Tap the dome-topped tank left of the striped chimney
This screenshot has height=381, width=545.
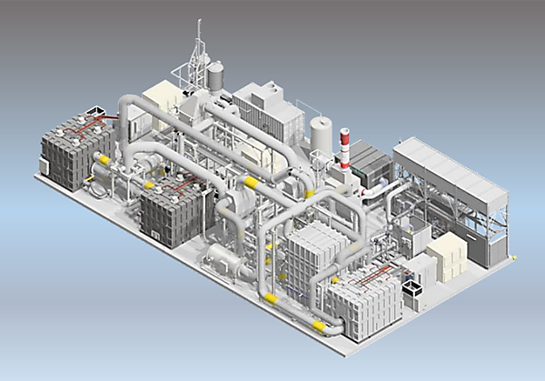point(321,135)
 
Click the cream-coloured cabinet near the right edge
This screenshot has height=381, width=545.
point(447,254)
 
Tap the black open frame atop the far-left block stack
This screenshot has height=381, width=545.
point(94,116)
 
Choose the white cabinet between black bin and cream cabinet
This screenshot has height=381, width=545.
point(421,269)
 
